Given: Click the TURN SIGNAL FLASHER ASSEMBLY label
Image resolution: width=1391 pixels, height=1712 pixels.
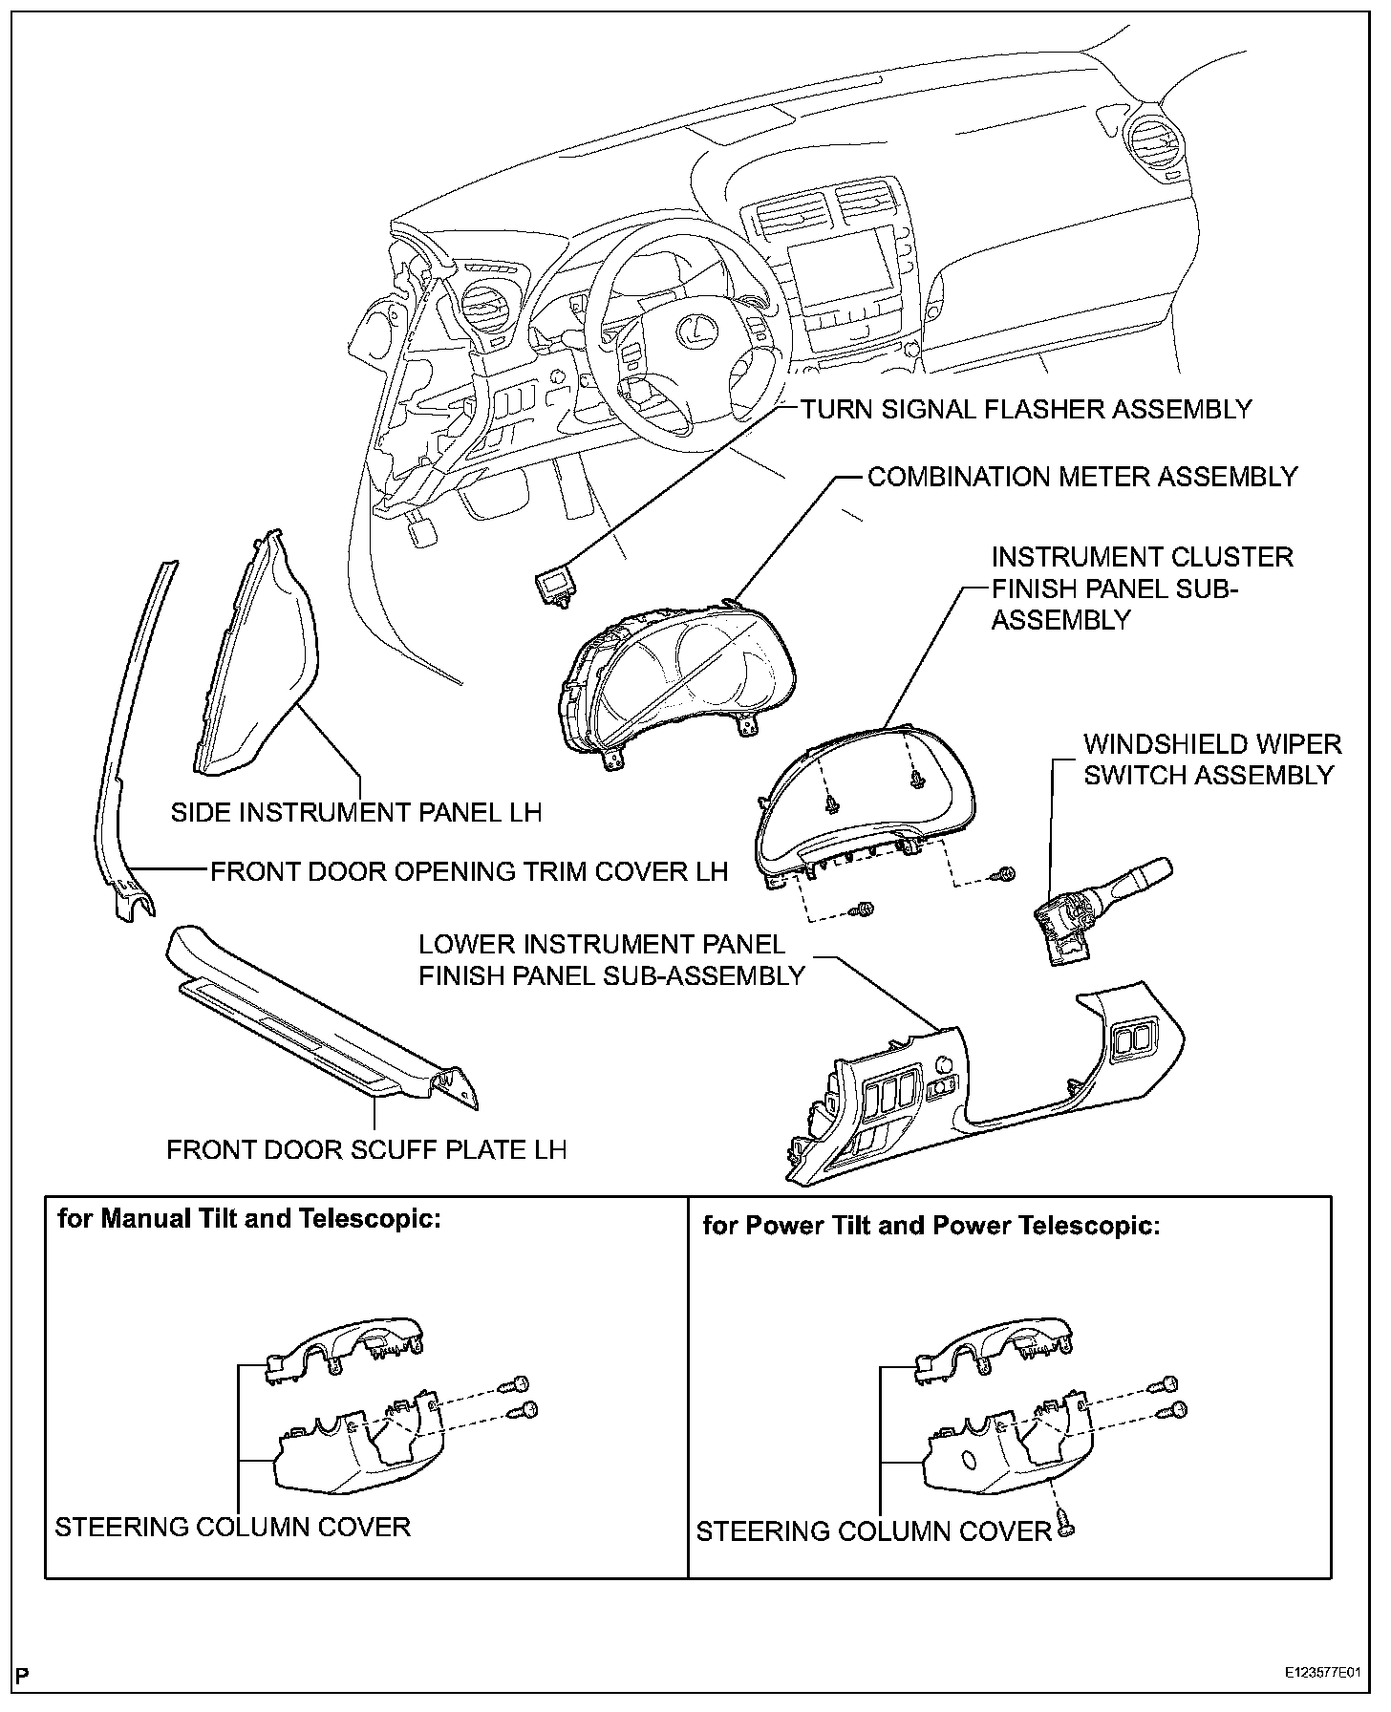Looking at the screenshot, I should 1025,409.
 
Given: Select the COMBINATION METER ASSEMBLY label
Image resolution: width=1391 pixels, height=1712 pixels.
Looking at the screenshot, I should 1082,476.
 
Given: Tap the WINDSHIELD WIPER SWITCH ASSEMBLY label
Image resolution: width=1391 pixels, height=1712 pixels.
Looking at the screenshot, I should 1211,760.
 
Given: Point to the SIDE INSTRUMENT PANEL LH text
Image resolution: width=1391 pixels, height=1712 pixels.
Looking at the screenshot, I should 355,812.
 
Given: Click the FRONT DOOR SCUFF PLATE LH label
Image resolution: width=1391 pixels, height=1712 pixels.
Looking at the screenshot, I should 367,1148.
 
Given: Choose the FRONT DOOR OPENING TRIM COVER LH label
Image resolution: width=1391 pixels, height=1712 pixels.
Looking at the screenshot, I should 469,871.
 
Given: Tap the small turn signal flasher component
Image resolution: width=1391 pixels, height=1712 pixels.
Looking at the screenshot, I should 554,585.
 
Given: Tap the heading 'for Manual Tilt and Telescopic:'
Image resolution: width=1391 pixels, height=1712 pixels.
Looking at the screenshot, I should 249,1220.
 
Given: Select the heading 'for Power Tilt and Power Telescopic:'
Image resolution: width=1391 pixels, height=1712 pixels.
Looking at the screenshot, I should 931,1226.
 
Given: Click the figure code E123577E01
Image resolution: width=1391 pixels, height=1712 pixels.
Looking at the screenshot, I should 1327,1675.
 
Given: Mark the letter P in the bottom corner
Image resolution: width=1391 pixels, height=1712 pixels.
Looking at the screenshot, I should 23,1676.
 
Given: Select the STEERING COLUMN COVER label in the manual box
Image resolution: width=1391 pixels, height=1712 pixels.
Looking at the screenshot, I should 232,1527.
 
